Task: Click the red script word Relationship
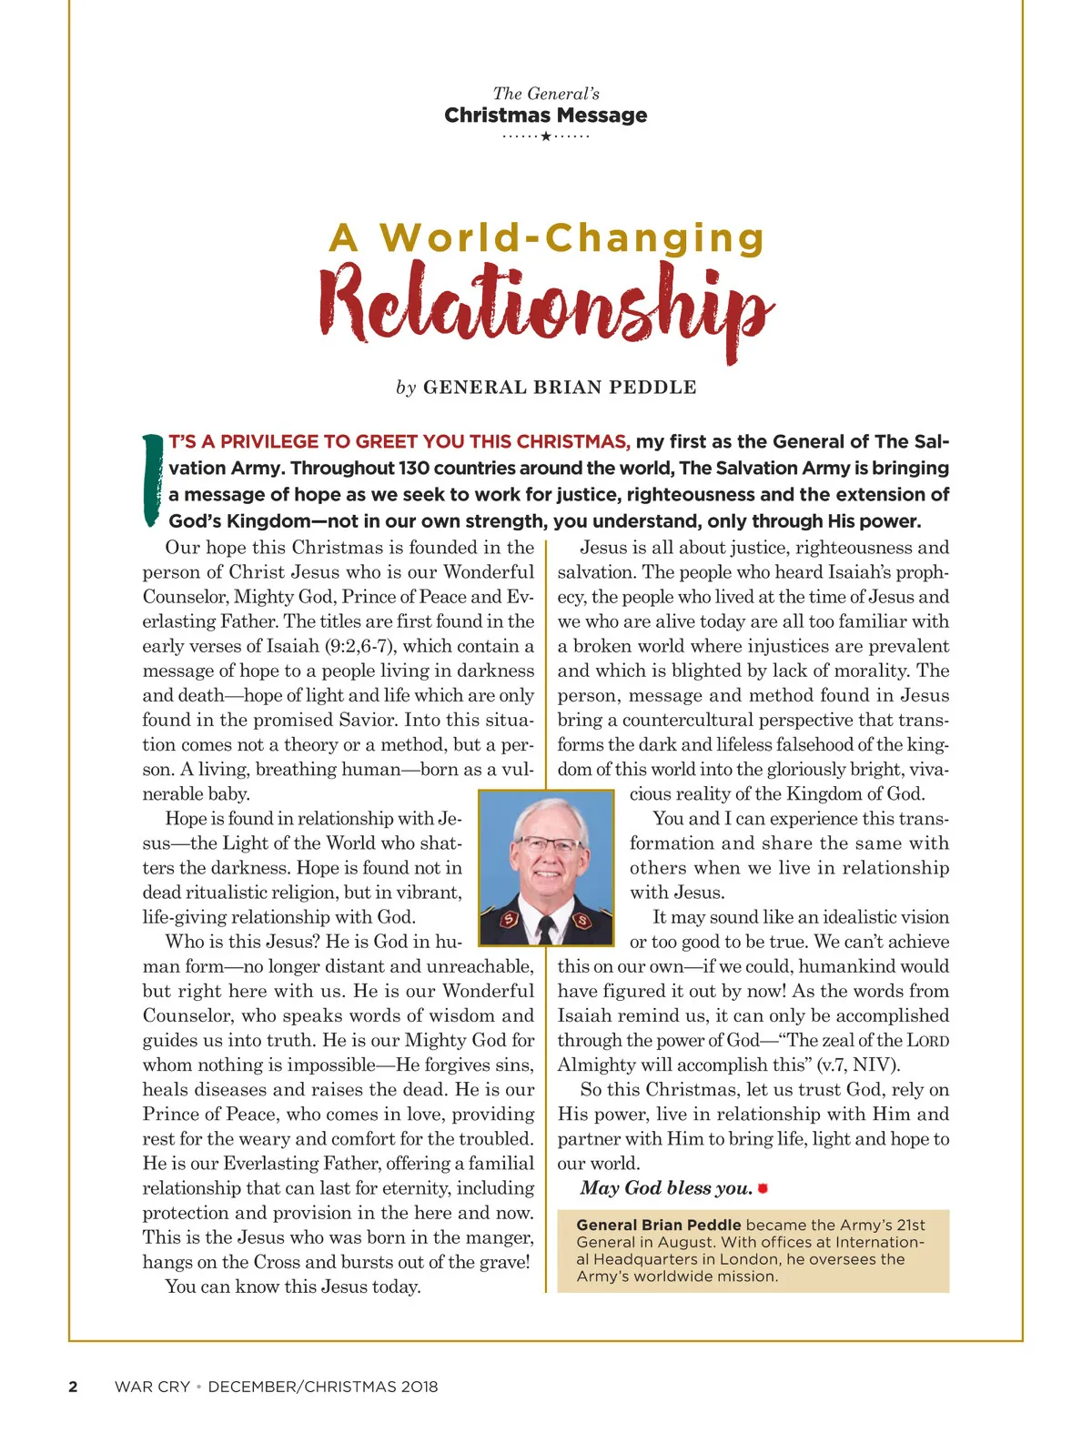546,304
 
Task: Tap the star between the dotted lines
546,136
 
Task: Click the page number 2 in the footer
73,1387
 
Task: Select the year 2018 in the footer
418,1387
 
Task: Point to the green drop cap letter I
151,479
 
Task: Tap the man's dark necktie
546,928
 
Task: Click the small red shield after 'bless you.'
763,1188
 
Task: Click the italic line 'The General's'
546,93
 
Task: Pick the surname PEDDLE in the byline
652,388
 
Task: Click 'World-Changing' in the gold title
572,237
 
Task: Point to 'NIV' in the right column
873,1065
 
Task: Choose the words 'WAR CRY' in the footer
152,1387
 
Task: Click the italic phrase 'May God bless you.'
666,1188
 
